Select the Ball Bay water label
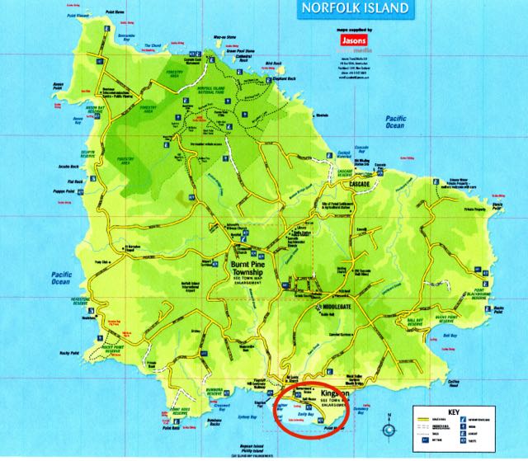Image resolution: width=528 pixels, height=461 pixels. [x=449, y=336]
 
